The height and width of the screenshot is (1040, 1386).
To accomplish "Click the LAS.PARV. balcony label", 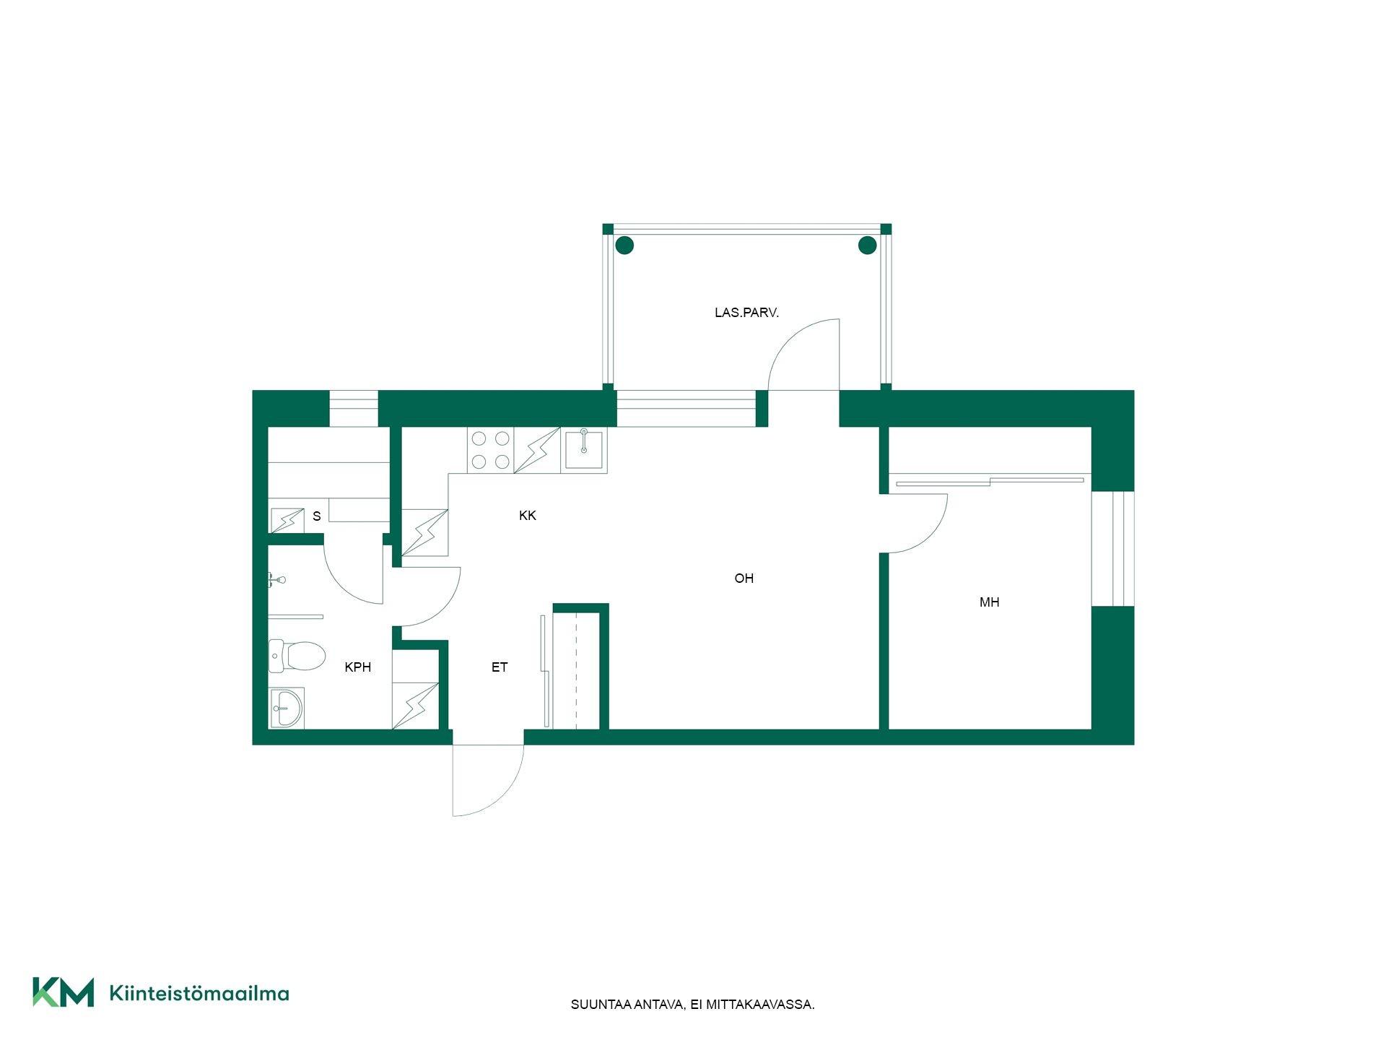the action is (746, 313).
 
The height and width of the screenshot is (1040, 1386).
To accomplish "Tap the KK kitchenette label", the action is (528, 516).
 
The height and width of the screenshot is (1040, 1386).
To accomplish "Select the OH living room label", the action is (744, 578).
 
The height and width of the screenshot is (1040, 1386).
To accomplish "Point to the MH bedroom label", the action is (989, 602).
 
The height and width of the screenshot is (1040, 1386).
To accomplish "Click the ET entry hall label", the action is (500, 667).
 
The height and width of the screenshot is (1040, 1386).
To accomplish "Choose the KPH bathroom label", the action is (358, 667).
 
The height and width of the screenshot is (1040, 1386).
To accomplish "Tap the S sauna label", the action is (316, 516).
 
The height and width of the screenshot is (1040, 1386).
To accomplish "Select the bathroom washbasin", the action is (287, 708).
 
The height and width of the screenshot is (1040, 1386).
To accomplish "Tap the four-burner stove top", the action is (490, 450).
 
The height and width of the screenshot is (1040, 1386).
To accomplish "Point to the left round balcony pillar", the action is (624, 246).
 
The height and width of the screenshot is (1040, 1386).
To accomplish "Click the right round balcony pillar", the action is (867, 246).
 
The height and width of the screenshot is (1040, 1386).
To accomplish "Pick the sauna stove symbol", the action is (287, 521).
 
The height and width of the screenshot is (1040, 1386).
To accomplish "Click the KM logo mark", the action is (63, 992).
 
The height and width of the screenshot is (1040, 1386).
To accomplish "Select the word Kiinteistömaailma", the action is (199, 993).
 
